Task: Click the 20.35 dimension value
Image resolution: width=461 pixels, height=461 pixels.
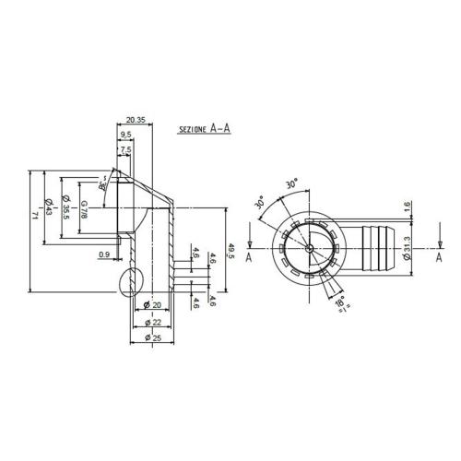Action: click(135, 120)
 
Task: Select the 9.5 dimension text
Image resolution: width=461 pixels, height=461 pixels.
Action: click(125, 135)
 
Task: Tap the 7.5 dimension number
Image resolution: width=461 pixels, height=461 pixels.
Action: click(125, 148)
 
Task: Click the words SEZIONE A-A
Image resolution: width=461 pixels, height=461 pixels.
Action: click(204, 132)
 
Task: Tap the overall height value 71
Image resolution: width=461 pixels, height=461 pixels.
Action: click(34, 215)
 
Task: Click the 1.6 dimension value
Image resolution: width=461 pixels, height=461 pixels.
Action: click(407, 207)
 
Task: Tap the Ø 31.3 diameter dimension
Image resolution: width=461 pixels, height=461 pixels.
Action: click(407, 250)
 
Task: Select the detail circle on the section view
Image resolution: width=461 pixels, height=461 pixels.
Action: click(129, 283)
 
